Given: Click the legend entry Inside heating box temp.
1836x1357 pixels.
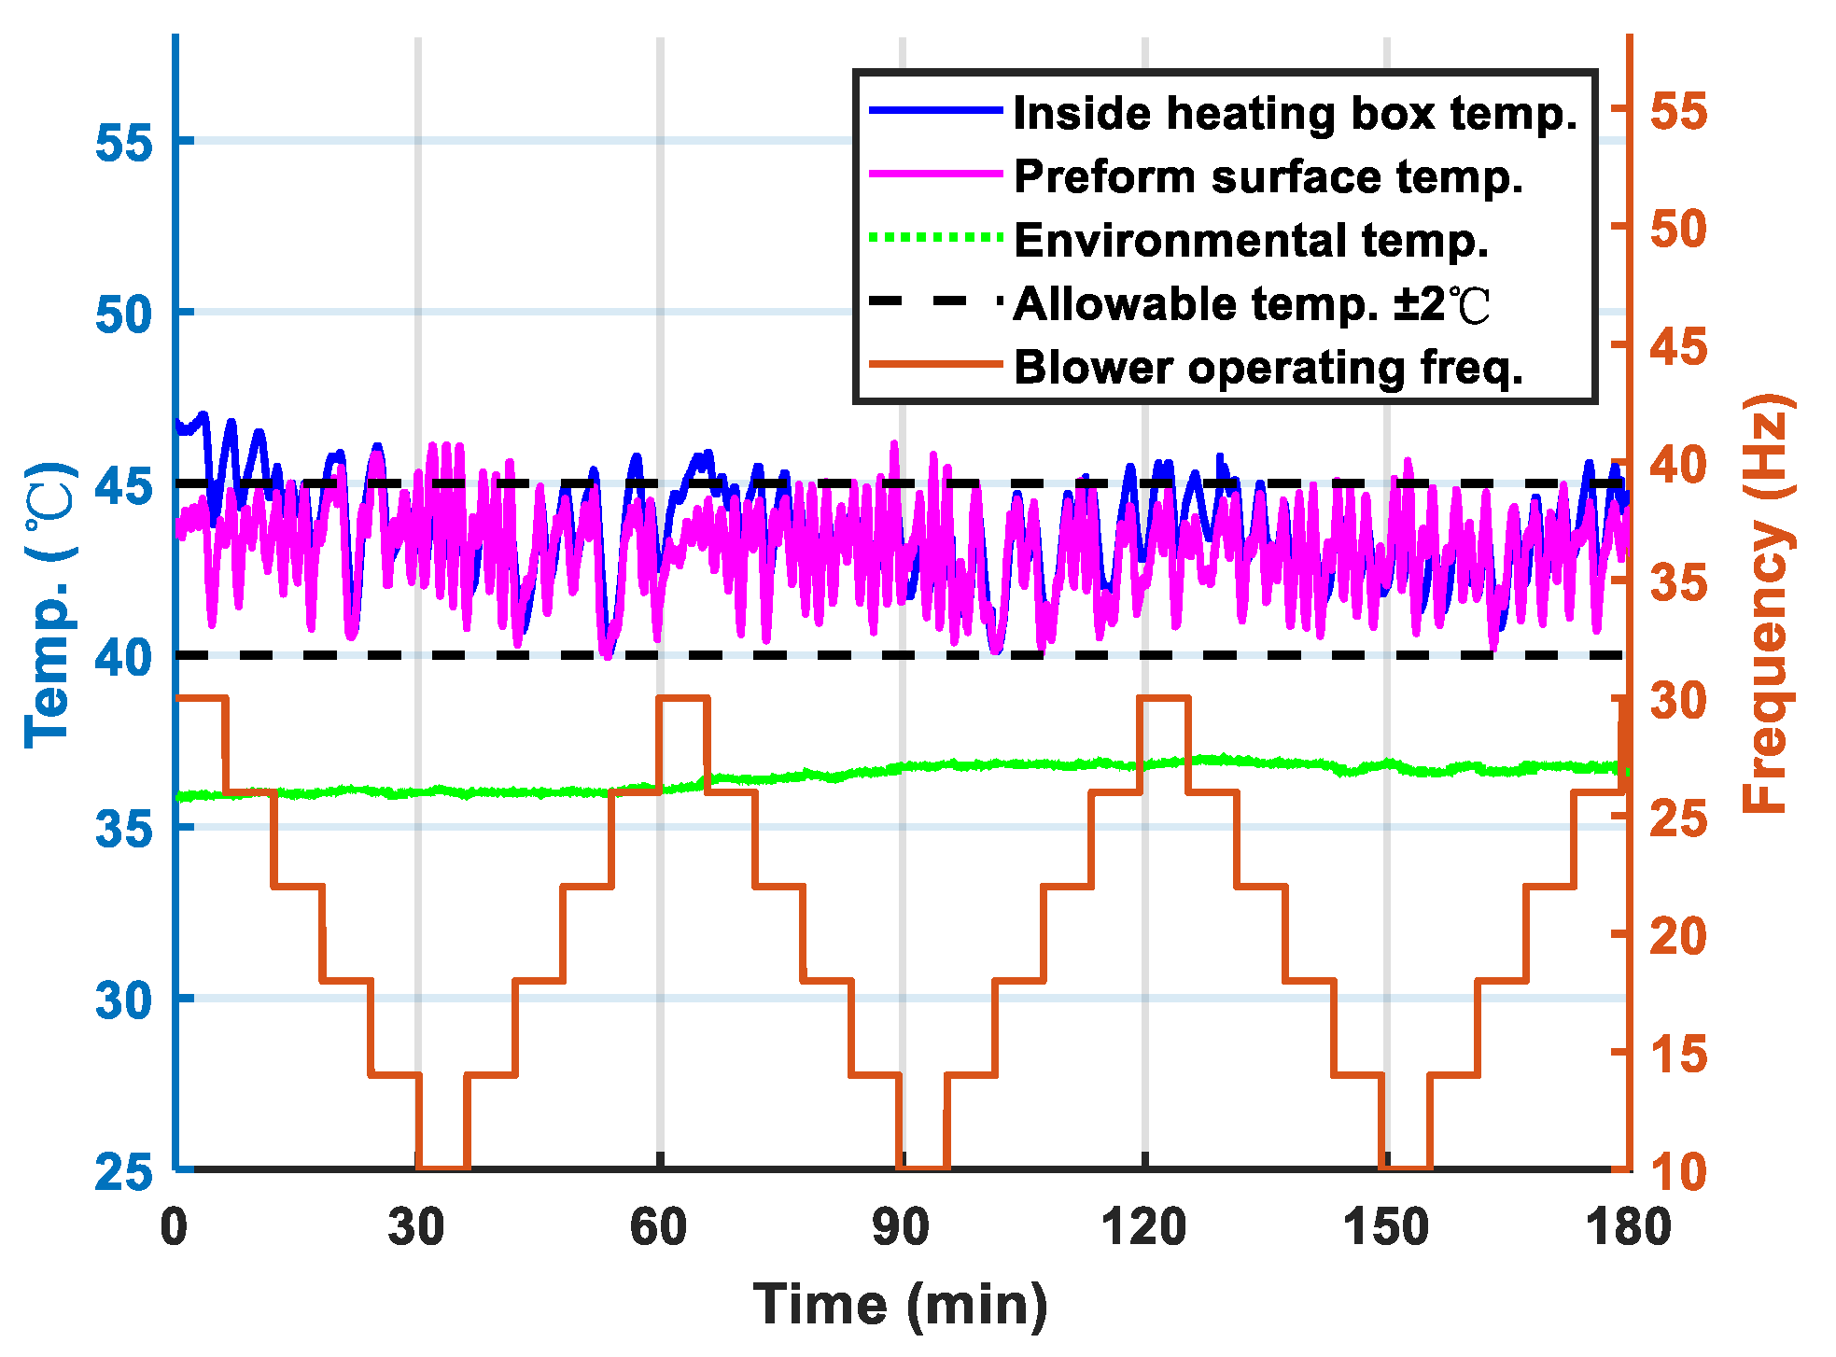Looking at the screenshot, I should point(1294,113).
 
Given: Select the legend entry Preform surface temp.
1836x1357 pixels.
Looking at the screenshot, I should point(1268,176).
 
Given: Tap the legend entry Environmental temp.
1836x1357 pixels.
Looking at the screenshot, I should point(1250,240).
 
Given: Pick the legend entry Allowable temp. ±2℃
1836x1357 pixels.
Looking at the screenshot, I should point(1251,303).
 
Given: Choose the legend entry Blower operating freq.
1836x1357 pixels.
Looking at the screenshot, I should point(1268,367).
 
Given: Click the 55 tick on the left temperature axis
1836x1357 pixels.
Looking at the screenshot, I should point(123,143).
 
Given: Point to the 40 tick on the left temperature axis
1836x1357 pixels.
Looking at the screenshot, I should point(123,657).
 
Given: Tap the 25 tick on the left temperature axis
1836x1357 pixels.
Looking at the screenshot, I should point(123,1171).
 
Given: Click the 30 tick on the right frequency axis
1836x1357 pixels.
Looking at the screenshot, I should point(1678,700).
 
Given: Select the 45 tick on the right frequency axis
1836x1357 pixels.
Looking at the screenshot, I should point(1678,347).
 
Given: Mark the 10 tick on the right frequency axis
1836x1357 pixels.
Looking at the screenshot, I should point(1678,1172).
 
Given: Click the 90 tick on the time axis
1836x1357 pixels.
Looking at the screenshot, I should point(901,1227).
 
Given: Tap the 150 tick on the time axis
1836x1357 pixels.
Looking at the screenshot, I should point(1385,1227).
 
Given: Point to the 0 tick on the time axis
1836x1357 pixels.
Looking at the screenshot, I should point(175,1227).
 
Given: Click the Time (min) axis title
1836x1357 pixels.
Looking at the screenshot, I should point(901,1304).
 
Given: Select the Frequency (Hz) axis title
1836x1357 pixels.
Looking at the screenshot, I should point(1767,603).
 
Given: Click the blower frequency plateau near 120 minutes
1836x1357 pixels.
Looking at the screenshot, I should point(1164,698).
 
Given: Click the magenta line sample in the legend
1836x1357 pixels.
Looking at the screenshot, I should point(935,175).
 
